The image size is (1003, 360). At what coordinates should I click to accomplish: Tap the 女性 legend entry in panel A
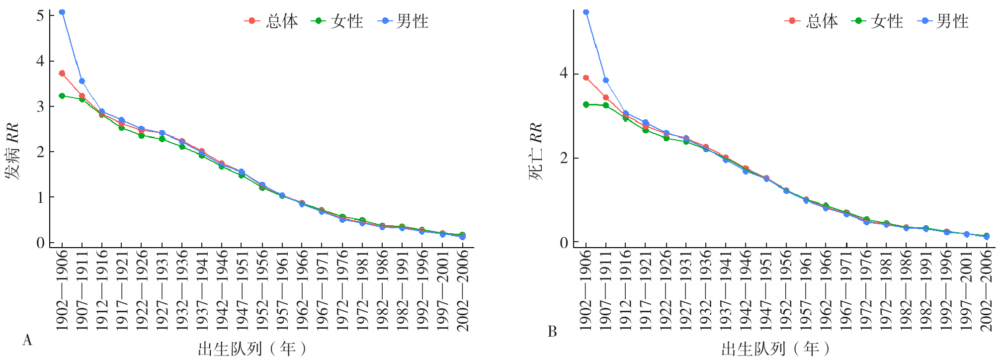click(x=338, y=21)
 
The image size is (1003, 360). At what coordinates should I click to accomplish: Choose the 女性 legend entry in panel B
click(x=878, y=21)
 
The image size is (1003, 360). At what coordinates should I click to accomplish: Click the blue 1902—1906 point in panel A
click(x=62, y=12)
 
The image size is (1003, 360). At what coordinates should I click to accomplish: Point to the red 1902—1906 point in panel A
click(x=62, y=74)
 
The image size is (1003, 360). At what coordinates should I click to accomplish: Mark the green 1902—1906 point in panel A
click(x=62, y=96)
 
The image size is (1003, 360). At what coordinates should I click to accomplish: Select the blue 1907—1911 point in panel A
click(x=82, y=81)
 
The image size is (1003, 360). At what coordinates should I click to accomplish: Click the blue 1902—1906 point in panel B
click(x=586, y=12)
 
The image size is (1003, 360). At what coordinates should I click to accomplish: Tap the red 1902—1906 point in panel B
click(x=586, y=78)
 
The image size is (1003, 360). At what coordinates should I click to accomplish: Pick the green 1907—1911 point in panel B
click(x=606, y=105)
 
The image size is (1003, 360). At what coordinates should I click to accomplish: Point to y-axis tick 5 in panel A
click(x=40, y=15)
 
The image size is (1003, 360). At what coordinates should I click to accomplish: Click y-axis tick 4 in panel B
click(x=564, y=74)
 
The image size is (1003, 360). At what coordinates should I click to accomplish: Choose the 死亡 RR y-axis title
click(x=536, y=151)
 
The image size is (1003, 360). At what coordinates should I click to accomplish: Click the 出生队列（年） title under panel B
click(x=775, y=349)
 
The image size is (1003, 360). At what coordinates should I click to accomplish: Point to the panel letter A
click(x=27, y=340)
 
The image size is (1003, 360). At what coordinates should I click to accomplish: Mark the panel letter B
click(x=552, y=332)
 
